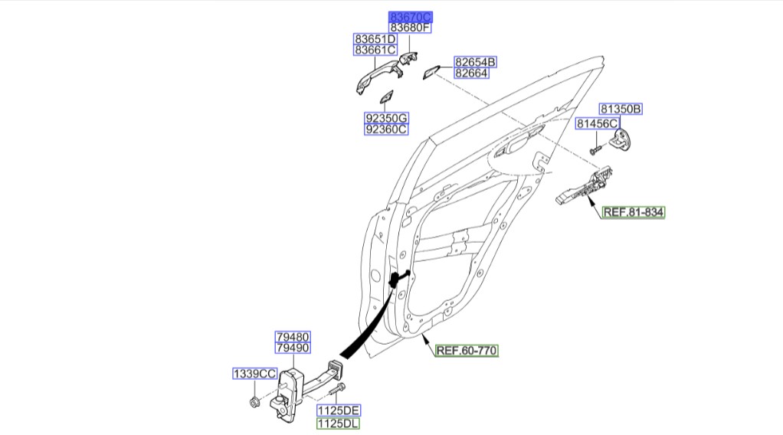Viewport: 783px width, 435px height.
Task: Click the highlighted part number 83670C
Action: point(411,16)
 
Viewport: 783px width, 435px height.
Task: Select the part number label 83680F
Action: point(411,28)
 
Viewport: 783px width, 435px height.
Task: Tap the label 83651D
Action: point(375,38)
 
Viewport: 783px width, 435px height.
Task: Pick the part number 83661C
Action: point(375,51)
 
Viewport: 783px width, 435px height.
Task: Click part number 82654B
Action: point(475,61)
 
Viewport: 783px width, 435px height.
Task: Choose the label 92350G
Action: point(385,118)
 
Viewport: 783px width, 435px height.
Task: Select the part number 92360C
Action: point(385,129)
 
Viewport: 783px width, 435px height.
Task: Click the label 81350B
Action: point(620,110)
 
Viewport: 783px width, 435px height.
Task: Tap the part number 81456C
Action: point(597,123)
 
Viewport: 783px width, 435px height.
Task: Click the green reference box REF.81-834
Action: point(633,212)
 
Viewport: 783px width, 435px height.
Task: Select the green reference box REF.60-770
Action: point(467,352)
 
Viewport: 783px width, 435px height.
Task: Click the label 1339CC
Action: point(254,374)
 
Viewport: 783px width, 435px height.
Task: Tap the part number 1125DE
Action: point(338,410)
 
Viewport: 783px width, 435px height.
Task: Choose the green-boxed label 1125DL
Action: point(338,423)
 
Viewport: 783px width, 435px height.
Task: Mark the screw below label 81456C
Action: point(595,147)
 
